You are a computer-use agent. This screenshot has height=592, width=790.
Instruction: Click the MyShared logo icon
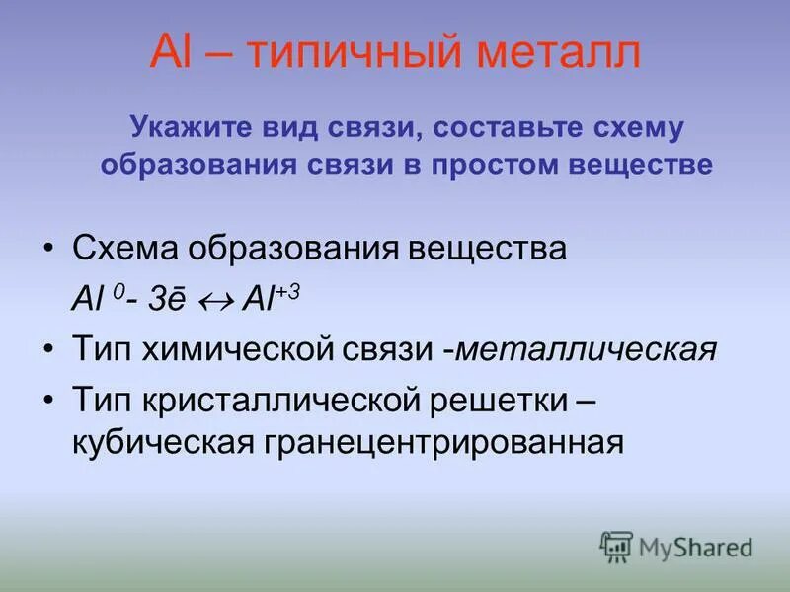pyautogui.click(x=616, y=546)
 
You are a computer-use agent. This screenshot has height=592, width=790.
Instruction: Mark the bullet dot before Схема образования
pyautogui.click(x=49, y=248)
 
